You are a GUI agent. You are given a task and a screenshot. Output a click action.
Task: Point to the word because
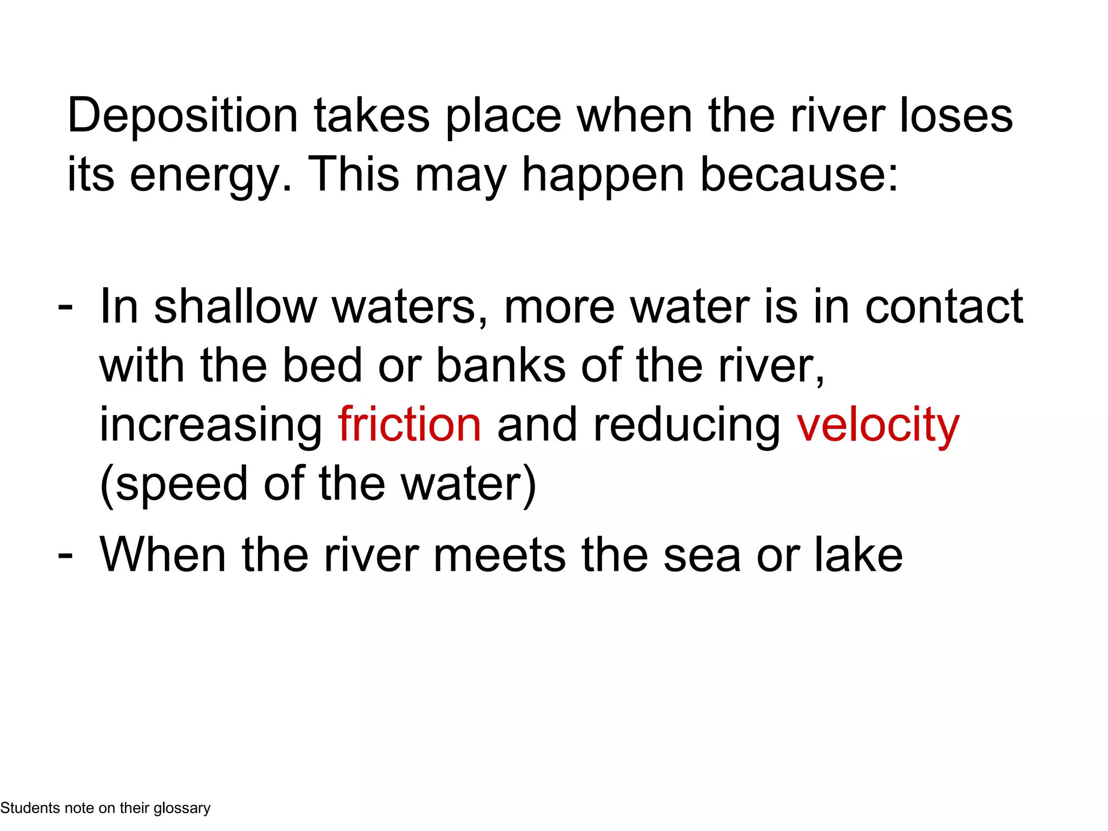point(799,175)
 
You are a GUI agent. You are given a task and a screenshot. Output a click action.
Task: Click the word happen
point(603,175)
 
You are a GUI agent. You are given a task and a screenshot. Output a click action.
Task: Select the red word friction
point(410,424)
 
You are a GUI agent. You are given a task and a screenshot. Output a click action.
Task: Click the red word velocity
point(878,424)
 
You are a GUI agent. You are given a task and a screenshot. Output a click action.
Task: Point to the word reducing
point(687,424)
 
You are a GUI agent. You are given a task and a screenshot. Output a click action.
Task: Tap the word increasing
point(211,424)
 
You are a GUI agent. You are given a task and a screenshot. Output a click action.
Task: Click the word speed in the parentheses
point(181,483)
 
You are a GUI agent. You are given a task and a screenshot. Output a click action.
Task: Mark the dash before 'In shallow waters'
point(65,306)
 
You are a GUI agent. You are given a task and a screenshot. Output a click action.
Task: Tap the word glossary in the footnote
point(182,808)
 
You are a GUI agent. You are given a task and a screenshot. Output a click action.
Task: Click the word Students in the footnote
point(30,808)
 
